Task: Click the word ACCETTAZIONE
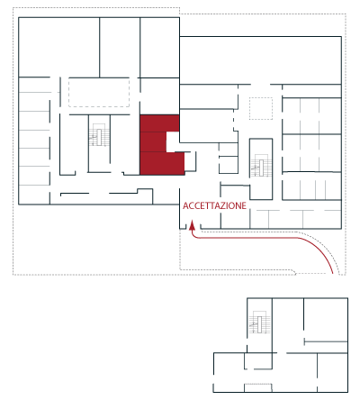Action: click(214, 205)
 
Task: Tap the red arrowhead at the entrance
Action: click(192, 225)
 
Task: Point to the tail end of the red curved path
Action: click(333, 273)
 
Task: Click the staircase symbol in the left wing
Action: click(99, 135)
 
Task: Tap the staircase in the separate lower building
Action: click(259, 323)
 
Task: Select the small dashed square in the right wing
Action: click(261, 108)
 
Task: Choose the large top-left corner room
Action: click(58, 47)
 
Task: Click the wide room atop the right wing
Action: click(260, 60)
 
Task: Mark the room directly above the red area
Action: click(159, 96)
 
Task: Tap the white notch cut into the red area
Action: click(173, 141)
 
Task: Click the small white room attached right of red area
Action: click(190, 161)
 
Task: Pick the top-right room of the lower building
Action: click(326, 320)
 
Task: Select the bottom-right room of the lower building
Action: click(332, 372)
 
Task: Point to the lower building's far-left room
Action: click(229, 372)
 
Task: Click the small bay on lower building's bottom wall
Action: click(258, 387)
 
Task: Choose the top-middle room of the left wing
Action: click(120, 47)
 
